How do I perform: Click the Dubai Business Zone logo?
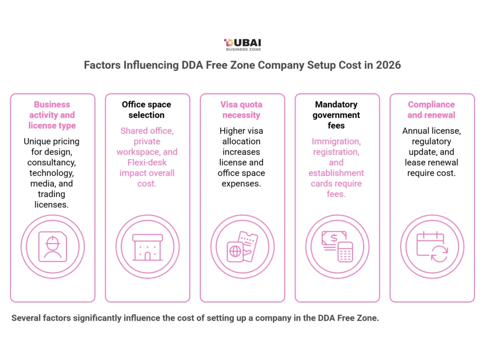point(242,45)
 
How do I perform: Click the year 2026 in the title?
point(388,65)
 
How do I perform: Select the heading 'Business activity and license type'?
point(52,115)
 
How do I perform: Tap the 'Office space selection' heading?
point(147,109)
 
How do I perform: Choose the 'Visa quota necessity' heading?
point(242,109)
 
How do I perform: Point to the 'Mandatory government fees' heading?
point(336,115)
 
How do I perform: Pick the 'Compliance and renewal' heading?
point(431,109)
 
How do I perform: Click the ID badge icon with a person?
point(53,247)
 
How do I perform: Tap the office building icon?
point(147,247)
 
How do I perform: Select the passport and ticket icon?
point(242,247)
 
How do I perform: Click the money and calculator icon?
point(337,247)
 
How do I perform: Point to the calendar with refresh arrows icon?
point(431,247)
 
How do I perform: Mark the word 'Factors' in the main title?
point(102,65)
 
